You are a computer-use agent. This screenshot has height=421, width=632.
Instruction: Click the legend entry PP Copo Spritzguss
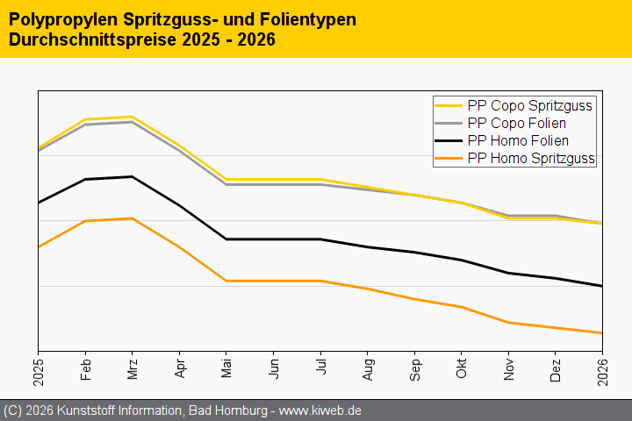[x=530, y=105]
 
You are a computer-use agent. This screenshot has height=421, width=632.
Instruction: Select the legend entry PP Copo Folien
[x=517, y=123]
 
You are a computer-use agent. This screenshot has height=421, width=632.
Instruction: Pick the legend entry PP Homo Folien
[x=518, y=140]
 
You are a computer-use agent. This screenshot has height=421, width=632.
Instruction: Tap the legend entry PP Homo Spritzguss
[x=531, y=158]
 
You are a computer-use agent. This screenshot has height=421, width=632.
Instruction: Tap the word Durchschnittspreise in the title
[x=86, y=39]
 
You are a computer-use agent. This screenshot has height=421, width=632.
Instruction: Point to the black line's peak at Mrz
[x=132, y=176]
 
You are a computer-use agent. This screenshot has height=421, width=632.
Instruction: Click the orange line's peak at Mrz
[x=132, y=218]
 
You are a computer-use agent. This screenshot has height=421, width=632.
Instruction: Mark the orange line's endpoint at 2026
[x=602, y=333]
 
